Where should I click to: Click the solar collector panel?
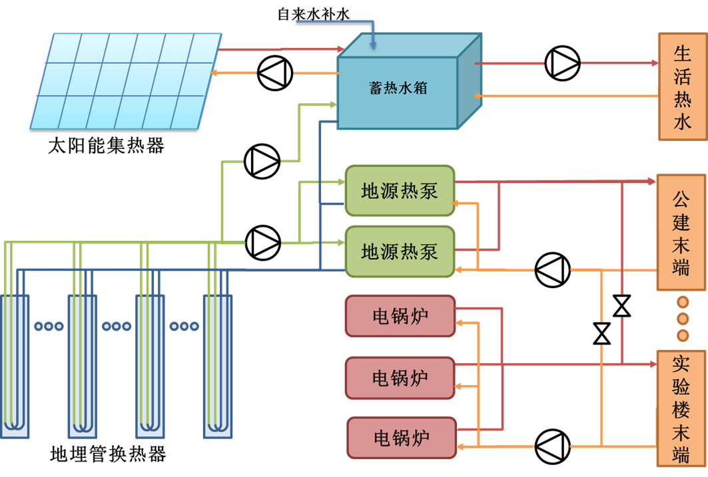127,80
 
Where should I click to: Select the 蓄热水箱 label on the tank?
398,88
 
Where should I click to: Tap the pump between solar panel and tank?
274,73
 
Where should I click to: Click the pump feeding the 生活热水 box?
562,63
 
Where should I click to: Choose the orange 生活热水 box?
682,86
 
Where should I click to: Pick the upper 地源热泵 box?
400,191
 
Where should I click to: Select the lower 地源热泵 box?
400,251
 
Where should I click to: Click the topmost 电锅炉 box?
400,316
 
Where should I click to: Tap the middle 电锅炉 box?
400,378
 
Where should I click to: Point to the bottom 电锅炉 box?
402,438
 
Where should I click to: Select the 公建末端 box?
681,232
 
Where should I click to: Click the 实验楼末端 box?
681,408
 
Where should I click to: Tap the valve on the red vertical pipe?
621,306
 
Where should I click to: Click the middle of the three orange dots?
683,319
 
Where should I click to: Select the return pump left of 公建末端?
553,270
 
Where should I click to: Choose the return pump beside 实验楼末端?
553,446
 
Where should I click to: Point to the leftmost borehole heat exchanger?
15,366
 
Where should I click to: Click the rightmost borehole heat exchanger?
218,366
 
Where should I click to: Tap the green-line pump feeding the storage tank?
262,161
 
